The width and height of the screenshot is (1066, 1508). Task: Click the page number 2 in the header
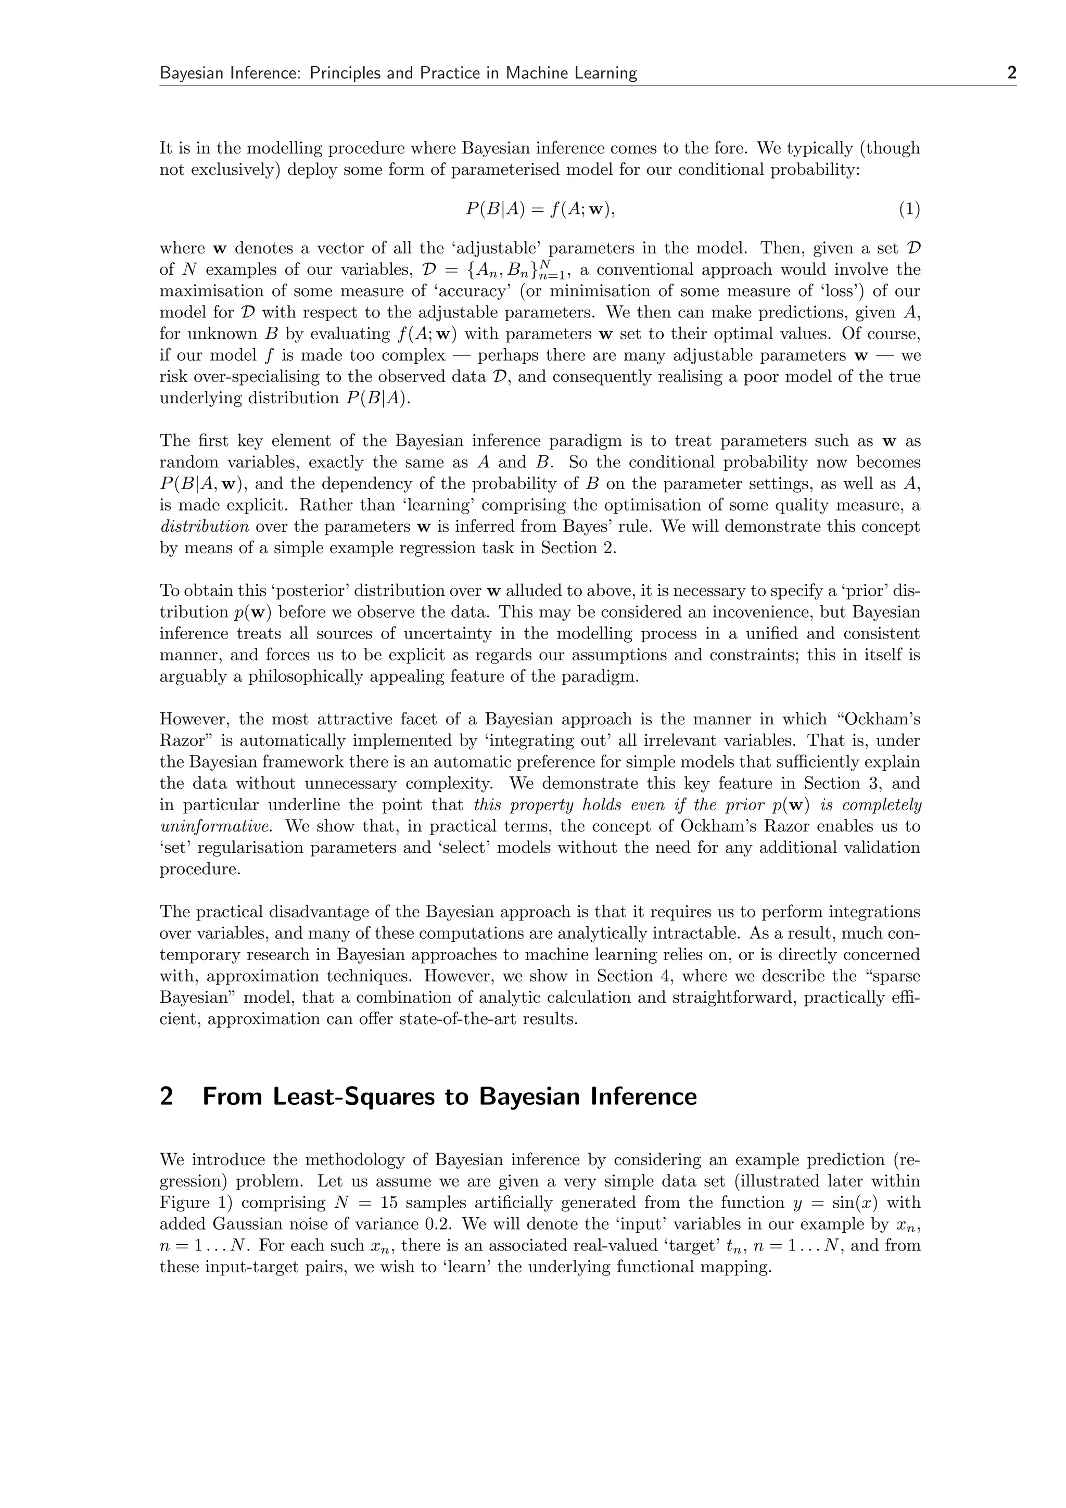click(x=1011, y=73)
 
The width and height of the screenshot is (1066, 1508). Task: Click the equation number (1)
click(x=909, y=210)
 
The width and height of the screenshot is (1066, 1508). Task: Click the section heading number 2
click(x=167, y=1096)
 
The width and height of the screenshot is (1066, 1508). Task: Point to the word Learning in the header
click(x=605, y=73)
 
